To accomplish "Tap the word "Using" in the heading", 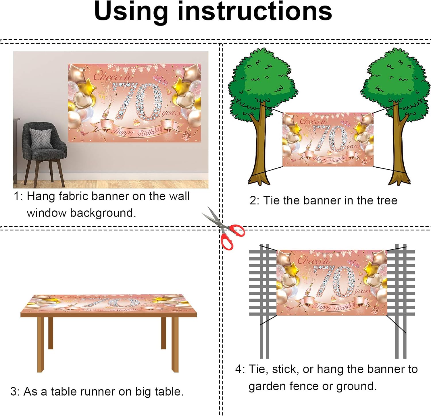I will coord(131,12).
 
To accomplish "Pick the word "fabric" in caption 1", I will coord(73,196).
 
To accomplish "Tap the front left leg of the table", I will coord(41,345).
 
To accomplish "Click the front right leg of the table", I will coord(175,345).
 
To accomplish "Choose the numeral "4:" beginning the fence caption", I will coord(240,369).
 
